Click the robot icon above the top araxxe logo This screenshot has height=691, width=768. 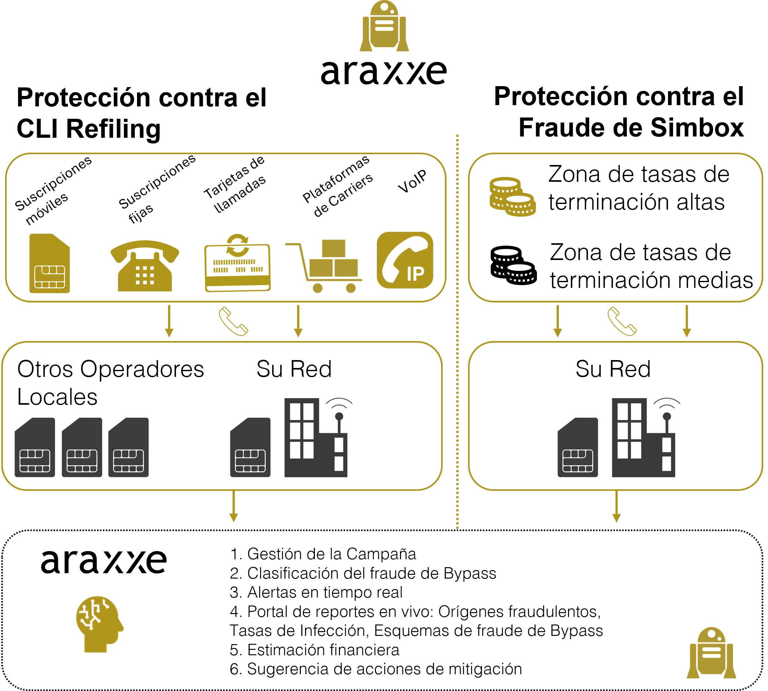coord(384,26)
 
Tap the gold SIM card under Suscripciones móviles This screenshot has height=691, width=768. coord(50,263)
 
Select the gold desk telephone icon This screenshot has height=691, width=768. coord(145,266)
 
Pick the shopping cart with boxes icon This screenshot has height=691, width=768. coord(324,266)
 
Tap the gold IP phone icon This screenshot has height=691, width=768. coord(405,260)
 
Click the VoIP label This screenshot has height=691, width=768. coord(412,181)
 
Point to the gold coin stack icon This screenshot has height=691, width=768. coord(513,197)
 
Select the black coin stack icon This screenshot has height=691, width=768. coord(513,265)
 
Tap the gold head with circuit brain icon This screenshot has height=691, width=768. coord(100,624)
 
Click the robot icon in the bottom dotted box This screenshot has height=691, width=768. coord(711,653)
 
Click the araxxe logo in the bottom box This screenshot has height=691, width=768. coord(103,561)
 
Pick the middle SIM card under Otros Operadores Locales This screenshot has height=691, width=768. coord(82,447)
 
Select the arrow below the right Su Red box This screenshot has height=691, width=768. coord(617,506)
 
